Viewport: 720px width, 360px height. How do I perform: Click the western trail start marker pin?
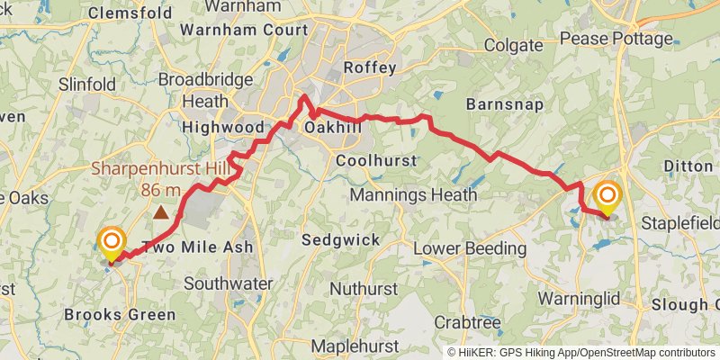pos(112,244)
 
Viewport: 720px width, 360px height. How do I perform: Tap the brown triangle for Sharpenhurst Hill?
pos(160,213)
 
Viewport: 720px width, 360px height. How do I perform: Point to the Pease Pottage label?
pos(616,39)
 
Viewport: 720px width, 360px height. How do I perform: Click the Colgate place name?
pos(514,44)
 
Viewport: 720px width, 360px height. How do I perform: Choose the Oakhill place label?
pos(333,128)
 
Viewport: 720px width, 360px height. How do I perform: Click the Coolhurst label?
pos(375,160)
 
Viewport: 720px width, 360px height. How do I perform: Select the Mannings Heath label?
pos(397,195)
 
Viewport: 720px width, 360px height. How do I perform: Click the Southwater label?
pos(229,283)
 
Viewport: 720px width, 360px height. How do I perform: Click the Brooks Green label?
pos(121,315)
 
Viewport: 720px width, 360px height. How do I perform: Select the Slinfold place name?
pos(86,84)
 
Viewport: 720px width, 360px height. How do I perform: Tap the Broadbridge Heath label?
pos(206,90)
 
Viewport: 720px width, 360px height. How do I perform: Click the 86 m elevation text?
pos(161,190)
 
